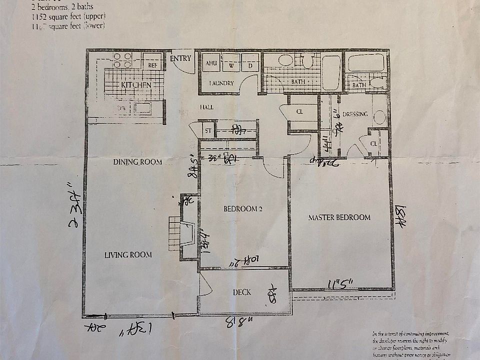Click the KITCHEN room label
tap(136, 85)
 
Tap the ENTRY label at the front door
tap(180, 58)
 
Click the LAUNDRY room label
tap(221, 83)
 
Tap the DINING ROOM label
tap(137, 161)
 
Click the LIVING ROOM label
tap(128, 254)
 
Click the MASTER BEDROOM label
tap(339, 217)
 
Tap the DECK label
tap(242, 292)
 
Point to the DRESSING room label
tap(356, 114)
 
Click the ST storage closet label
tap(207, 131)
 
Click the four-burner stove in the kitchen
tap(122, 60)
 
